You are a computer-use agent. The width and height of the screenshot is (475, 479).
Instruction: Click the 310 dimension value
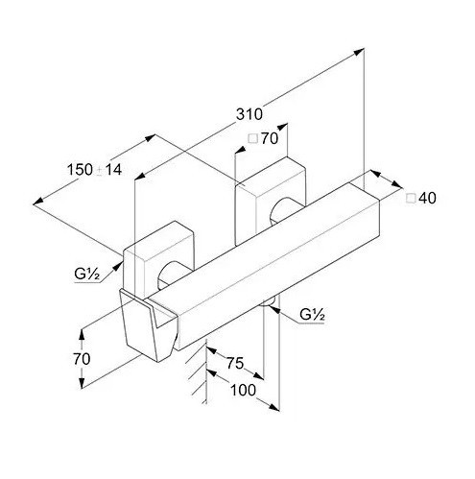click(x=249, y=114)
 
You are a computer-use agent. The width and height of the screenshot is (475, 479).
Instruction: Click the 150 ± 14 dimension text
click(x=95, y=169)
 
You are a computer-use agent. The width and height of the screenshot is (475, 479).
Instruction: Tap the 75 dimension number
click(x=235, y=363)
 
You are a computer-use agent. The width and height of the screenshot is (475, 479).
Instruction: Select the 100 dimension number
click(x=243, y=390)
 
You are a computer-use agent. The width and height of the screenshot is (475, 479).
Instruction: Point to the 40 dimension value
click(x=427, y=198)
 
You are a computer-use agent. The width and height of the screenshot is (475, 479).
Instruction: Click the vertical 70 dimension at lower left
click(x=82, y=359)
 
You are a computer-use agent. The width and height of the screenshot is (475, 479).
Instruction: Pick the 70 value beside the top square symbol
click(x=270, y=138)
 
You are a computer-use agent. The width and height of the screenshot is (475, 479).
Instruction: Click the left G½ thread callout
click(x=87, y=274)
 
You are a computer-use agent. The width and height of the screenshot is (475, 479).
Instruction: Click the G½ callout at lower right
click(x=312, y=315)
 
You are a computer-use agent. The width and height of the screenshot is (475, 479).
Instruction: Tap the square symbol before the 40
click(x=411, y=199)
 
